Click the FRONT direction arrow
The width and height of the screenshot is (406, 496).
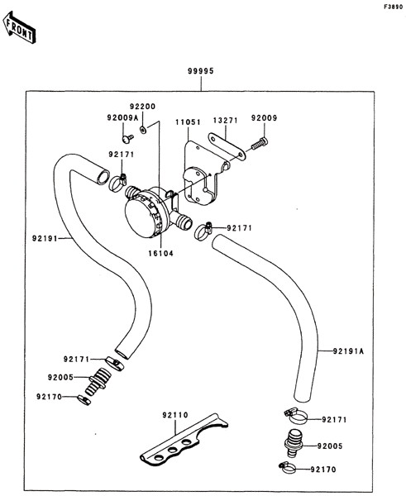19,27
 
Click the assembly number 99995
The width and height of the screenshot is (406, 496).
201,71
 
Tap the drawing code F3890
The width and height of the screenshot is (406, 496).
394,7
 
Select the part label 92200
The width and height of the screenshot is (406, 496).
143,107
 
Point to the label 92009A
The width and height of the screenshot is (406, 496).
122,117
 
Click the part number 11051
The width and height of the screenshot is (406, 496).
189,122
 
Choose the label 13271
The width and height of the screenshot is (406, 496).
225,121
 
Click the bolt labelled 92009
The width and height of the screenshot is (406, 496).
260,144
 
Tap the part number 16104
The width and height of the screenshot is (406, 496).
161,254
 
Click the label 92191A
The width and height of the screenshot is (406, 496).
348,351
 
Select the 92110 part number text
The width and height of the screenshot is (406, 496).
175,415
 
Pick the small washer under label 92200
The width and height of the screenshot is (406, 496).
143,129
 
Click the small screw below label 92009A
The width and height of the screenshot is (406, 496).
127,138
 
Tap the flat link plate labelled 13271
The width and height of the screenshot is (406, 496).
227,147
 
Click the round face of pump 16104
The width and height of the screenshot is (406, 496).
139,218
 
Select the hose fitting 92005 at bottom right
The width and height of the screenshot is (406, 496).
294,443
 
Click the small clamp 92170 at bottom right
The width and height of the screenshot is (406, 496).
287,468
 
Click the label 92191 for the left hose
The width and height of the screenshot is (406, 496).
45,238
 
